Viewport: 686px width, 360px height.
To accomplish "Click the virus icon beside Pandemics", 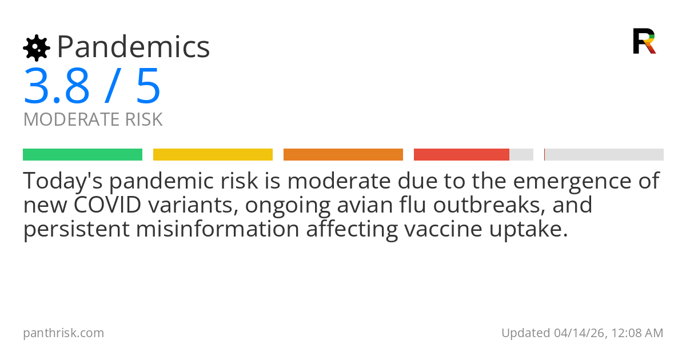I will [36, 47].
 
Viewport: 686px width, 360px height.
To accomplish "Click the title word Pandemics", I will [133, 47].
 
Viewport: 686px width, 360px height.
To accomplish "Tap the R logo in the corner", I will [644, 41].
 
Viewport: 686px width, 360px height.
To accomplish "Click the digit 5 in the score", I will [149, 86].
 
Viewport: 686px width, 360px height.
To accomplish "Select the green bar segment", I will [82, 154].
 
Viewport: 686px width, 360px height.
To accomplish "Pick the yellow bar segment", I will [213, 154].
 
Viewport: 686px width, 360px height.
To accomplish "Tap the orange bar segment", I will [343, 154].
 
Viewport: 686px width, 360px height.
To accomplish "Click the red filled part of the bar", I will [461, 154].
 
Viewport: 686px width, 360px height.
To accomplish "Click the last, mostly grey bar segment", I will [604, 154].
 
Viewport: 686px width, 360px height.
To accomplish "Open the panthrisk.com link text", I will [63, 333].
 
